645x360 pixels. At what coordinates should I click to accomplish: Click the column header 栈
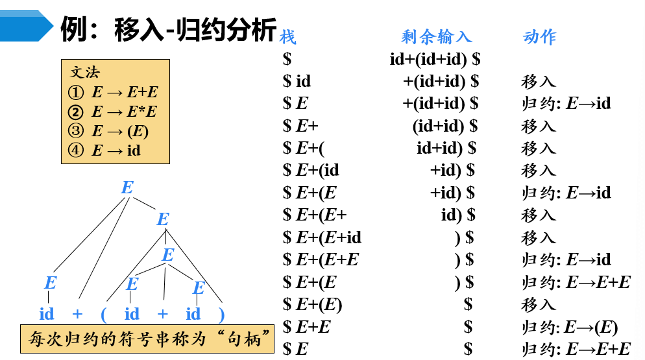coord(287,37)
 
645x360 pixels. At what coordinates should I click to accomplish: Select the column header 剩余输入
coord(436,37)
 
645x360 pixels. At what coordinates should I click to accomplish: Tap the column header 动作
coord(539,37)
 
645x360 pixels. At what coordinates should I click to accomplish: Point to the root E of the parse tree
coord(127,188)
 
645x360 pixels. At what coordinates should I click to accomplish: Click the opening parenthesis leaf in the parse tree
coord(103,315)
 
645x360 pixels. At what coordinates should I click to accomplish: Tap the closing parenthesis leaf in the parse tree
coord(221,315)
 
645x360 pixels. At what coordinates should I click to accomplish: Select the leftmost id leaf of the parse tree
coord(47,315)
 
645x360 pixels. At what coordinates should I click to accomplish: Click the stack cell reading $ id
coord(297,81)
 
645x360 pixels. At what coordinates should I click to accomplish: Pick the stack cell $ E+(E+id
coord(322,237)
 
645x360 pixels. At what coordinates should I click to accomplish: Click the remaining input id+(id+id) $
coord(435,59)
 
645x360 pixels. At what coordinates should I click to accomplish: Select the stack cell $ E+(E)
coord(313,304)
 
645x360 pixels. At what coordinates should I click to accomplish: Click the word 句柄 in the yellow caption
coord(247,339)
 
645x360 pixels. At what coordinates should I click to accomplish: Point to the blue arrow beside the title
coord(26,26)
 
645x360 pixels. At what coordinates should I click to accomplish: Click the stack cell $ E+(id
coord(311,170)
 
